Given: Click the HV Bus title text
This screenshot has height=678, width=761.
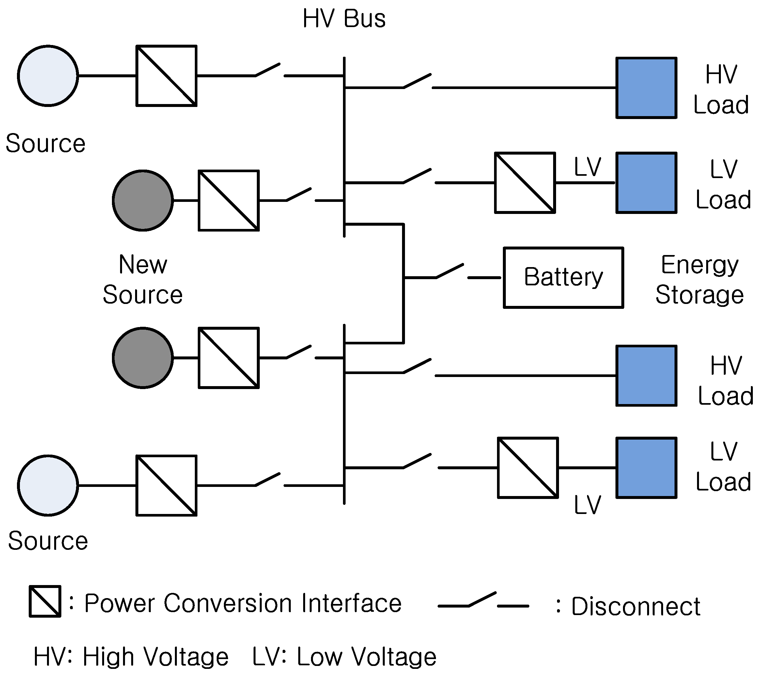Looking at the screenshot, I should coord(344,19).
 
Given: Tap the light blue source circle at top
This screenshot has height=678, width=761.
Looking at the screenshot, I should coord(48,76).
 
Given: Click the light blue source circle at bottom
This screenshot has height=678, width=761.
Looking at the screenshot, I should coord(48,485).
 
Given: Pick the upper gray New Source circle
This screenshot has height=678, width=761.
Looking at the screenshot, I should coord(143,201).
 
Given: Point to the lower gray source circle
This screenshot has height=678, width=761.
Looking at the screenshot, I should coord(143,358).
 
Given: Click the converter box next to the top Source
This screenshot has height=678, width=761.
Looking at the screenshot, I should coord(166,76).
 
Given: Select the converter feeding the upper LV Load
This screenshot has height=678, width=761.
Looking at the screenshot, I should coord(525,183).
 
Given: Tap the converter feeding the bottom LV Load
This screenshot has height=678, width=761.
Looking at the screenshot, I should coord(528,468).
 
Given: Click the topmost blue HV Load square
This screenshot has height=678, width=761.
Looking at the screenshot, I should coord(646,88).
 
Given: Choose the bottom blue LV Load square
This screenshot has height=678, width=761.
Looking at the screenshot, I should coord(646,468).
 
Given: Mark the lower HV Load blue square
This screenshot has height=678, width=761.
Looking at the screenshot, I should coord(646,375).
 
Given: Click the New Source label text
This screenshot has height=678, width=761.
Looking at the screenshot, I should coord(143,279).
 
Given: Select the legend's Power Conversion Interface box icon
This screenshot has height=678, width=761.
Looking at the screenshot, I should coord(45,601).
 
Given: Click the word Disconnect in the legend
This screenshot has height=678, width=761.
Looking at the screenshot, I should coord(635,607).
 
